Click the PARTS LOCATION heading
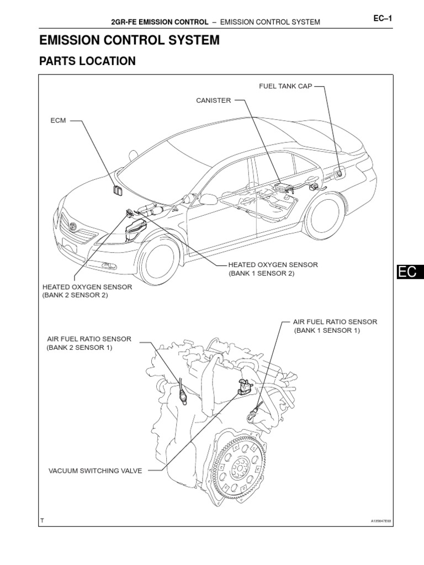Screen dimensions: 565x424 coord(87,61)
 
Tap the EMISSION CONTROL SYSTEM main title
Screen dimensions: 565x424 coord(129,40)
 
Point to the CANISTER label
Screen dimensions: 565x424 coord(213,100)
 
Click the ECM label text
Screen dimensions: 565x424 coord(58,120)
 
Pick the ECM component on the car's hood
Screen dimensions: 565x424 coord(117,190)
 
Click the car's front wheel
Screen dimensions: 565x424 coord(160,259)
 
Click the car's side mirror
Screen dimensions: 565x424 coord(208,199)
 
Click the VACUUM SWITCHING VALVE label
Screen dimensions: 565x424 coord(96,471)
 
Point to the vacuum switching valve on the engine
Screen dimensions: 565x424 coord(242,386)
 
